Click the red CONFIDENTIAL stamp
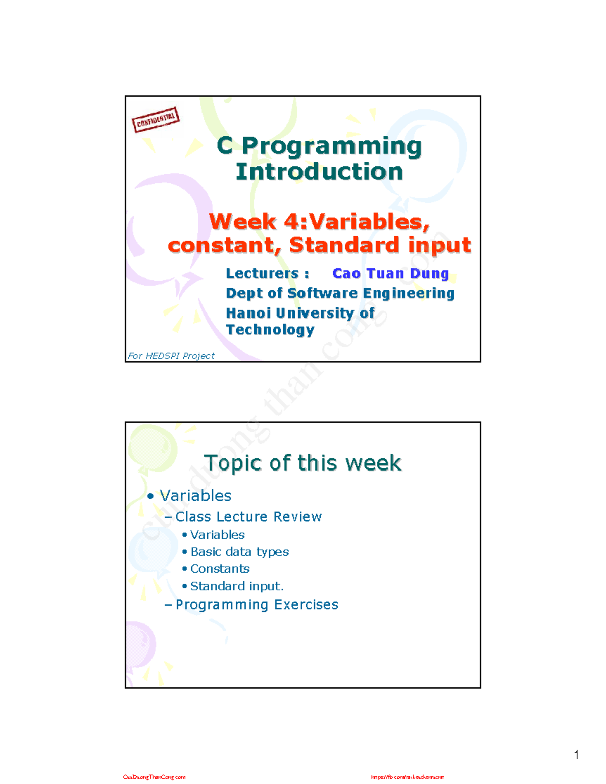click(156, 120)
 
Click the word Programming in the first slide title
click(331, 146)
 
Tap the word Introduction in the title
click(319, 172)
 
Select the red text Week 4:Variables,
click(319, 222)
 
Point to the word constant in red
click(224, 246)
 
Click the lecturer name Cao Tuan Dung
click(390, 273)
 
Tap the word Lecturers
click(262, 273)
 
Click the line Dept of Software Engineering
click(340, 293)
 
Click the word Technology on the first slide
click(270, 330)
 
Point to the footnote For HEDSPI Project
click(171, 356)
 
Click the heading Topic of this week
click(302, 463)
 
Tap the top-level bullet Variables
click(195, 496)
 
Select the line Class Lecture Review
click(248, 517)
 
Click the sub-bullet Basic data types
click(239, 552)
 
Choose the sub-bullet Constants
click(220, 569)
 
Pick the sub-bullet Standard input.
click(236, 586)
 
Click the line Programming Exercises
click(257, 605)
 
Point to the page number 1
click(576, 755)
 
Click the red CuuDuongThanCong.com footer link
click(154, 777)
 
